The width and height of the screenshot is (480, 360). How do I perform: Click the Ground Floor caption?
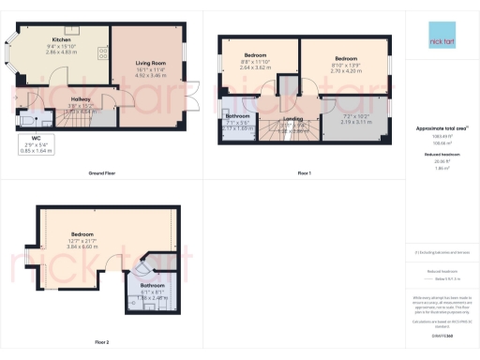pyautogui.click(x=101, y=173)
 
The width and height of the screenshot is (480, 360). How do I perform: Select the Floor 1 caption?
pyautogui.click(x=304, y=173)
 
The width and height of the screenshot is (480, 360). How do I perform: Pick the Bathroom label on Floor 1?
pyautogui.click(x=237, y=116)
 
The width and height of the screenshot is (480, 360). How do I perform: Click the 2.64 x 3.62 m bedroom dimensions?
pyautogui.click(x=254, y=68)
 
